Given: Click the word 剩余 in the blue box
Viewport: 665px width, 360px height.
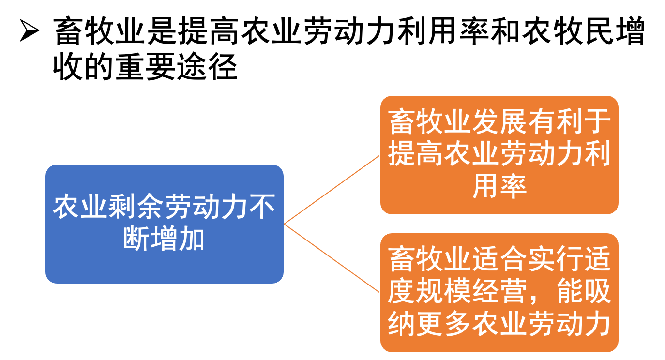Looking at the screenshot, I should pos(136,208).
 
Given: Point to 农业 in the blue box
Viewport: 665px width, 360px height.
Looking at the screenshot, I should pos(80,208).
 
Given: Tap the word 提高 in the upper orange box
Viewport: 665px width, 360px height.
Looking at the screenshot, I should pos(416,154).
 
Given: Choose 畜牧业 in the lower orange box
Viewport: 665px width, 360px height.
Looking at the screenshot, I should pos(430,260).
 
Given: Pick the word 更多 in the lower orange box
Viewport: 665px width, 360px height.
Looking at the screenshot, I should pos(444,323).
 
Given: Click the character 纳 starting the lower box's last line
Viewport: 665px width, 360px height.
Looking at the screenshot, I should pos(402,323).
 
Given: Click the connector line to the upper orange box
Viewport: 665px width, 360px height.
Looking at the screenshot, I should pos(332,190).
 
